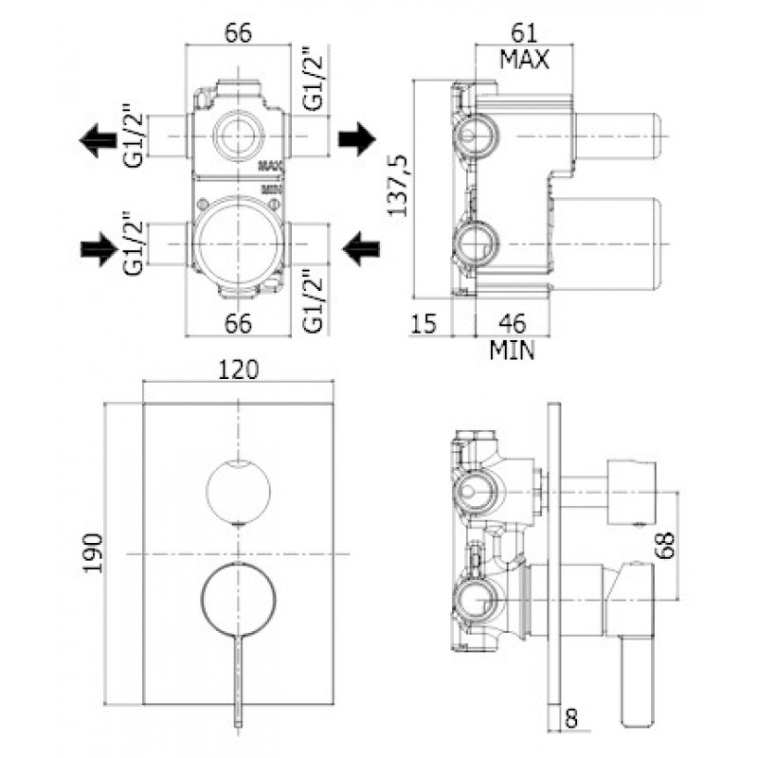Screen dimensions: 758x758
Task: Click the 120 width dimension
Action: (239, 370)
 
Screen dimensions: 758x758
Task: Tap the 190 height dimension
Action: (93, 553)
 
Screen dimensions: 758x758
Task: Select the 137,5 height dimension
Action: (399, 186)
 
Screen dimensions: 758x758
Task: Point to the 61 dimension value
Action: (525, 33)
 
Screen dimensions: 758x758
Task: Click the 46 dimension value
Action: (513, 323)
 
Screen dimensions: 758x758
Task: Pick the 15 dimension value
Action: (424, 323)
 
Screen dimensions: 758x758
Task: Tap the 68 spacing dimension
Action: (666, 546)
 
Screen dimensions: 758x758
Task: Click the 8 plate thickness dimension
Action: (571, 719)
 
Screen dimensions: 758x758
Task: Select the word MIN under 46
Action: (513, 351)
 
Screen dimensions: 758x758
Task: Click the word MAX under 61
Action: (525, 60)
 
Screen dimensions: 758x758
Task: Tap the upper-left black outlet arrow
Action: (99, 140)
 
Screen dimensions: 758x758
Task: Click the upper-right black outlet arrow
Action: (357, 139)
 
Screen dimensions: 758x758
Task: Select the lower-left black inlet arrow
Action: (99, 249)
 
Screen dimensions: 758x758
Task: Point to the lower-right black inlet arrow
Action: (361, 249)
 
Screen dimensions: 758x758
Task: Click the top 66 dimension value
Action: (239, 33)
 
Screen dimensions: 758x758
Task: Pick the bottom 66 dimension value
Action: (239, 323)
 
